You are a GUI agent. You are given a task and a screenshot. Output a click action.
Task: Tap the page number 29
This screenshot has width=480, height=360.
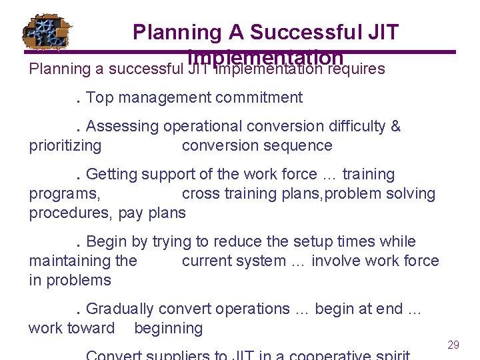(x=453, y=345)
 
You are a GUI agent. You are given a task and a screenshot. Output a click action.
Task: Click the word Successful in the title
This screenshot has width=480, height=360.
(x=293, y=31)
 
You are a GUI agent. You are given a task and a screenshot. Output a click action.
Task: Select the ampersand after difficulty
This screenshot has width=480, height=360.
(x=395, y=126)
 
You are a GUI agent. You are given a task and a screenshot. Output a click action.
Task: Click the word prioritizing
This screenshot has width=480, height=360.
(x=65, y=145)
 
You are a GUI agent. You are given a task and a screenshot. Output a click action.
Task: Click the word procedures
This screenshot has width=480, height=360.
(x=70, y=213)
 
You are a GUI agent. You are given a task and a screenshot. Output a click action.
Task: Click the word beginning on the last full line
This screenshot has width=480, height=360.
(x=168, y=328)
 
